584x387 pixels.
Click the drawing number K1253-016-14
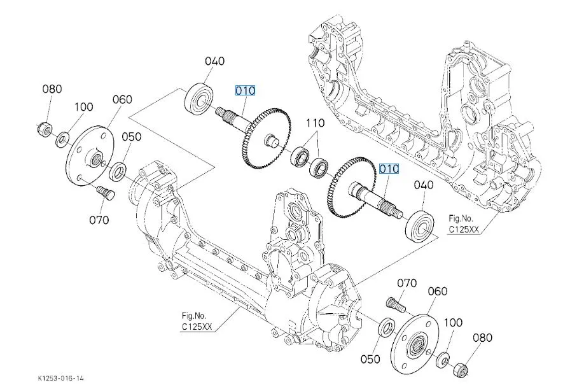60,378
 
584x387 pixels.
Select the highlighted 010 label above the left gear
245,91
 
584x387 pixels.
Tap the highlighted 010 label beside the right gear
389,169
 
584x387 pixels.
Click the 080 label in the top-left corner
52,88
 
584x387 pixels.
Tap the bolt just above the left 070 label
102,190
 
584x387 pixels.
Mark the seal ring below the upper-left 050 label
118,171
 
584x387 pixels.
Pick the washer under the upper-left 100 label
64,139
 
